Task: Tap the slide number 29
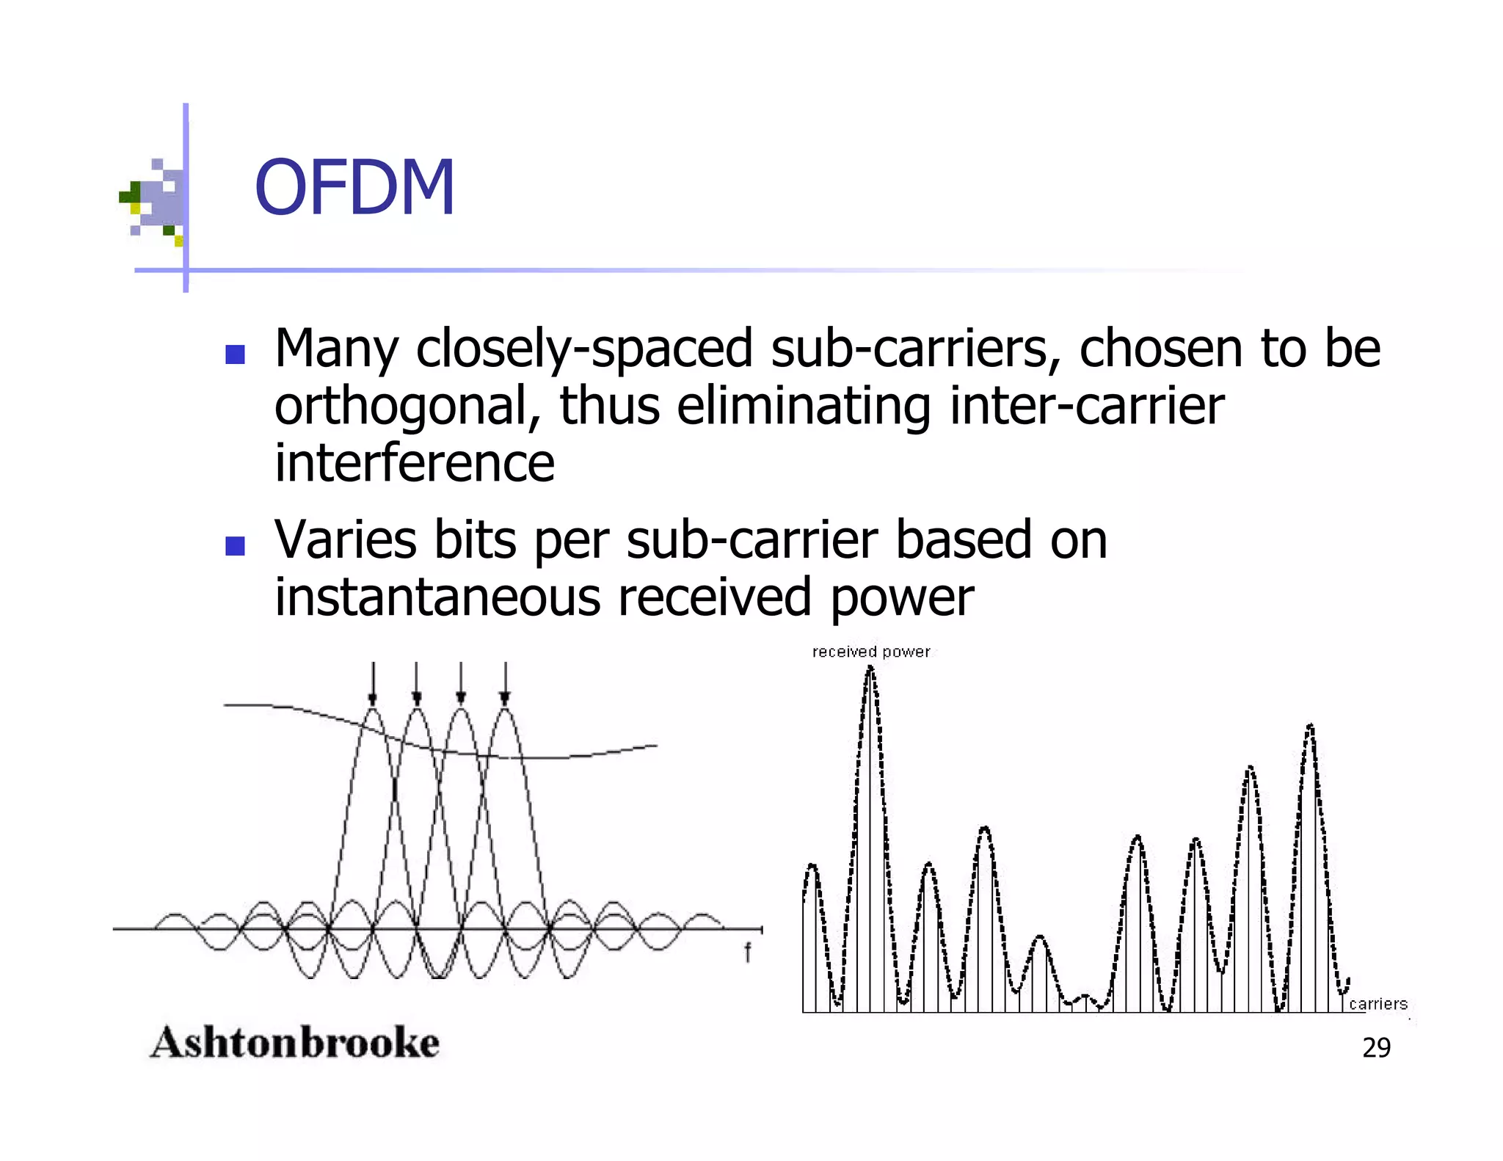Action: [x=1376, y=1048]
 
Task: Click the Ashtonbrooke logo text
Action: [x=295, y=1043]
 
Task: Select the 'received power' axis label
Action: [x=870, y=652]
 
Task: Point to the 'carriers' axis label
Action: [x=1378, y=1003]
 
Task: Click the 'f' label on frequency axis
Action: [x=747, y=953]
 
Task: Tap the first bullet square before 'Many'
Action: [x=235, y=355]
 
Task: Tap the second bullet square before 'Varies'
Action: [x=235, y=546]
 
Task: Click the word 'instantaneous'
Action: [x=437, y=597]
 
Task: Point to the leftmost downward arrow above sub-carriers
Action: [x=373, y=683]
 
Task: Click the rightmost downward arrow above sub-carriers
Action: [x=506, y=683]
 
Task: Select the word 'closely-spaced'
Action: [x=584, y=349]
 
